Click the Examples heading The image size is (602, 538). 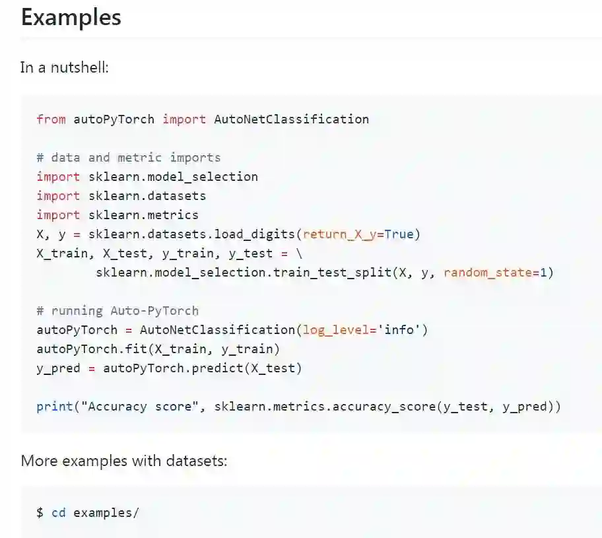(x=71, y=17)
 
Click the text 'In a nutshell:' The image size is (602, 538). (x=64, y=67)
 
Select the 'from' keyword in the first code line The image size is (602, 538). (x=51, y=119)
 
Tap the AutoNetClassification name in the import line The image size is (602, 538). (x=291, y=119)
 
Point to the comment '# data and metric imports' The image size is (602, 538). (x=129, y=158)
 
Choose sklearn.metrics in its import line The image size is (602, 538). (x=143, y=215)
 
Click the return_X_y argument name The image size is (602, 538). (x=339, y=234)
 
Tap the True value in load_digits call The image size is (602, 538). (x=398, y=234)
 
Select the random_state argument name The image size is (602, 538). (x=488, y=273)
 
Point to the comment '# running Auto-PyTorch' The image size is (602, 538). (x=117, y=311)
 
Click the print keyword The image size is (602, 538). (x=54, y=407)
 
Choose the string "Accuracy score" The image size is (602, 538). (x=136, y=407)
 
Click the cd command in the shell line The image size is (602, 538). (x=59, y=512)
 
